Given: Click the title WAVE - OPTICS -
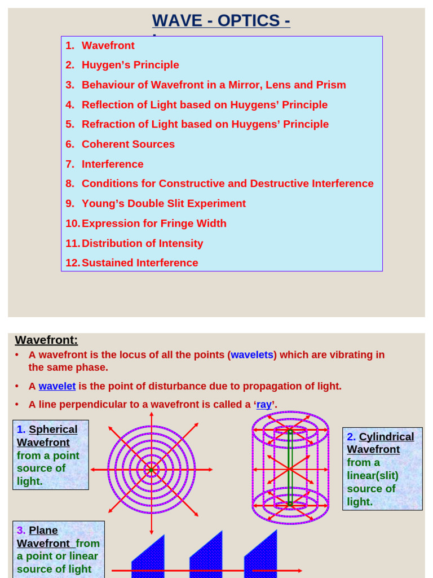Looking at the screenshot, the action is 221,20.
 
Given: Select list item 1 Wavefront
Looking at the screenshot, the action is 108,46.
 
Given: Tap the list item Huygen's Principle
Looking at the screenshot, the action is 130,65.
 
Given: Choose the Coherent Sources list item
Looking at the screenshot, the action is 128,144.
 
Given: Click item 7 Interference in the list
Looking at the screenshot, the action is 112,164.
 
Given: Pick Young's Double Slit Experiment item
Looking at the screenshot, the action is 164,204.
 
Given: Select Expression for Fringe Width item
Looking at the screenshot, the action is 154,224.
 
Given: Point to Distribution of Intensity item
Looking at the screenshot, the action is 142,243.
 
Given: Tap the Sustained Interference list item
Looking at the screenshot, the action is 140,263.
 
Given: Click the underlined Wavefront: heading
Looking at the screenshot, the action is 46,340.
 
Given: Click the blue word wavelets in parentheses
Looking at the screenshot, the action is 252,355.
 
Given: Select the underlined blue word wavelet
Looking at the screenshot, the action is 57,386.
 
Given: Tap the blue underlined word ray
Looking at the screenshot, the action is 264,404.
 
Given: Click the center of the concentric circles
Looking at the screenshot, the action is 151,470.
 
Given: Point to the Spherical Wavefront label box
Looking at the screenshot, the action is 50,454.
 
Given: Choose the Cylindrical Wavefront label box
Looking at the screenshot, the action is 382,468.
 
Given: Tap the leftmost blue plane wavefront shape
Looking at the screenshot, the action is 148,559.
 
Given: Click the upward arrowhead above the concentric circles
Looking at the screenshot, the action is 151,415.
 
